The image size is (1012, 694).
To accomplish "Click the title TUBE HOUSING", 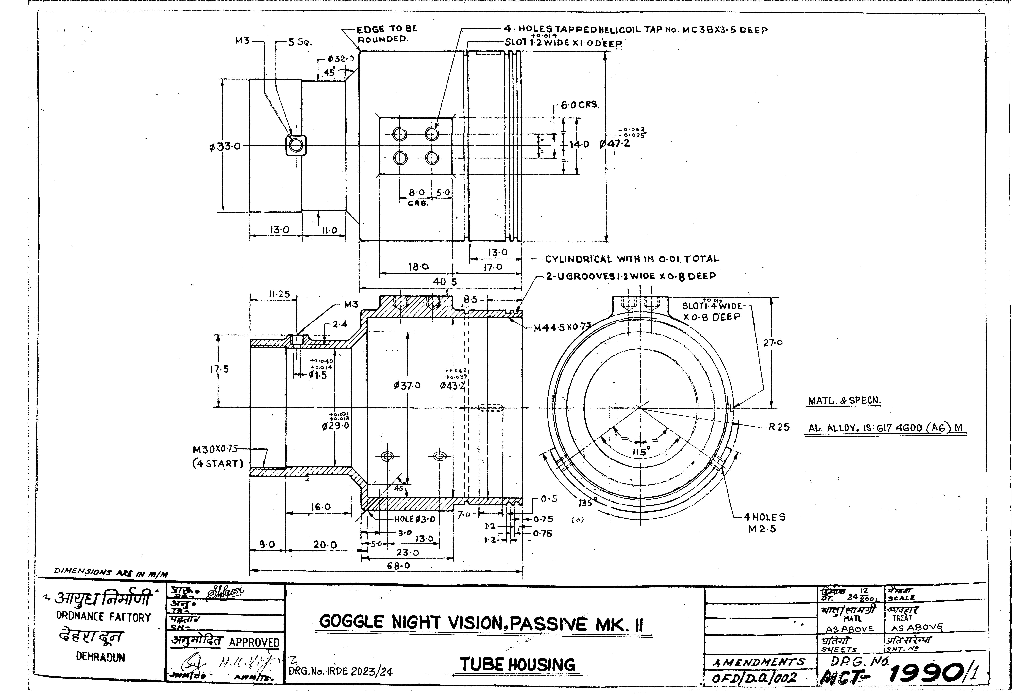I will (517, 665).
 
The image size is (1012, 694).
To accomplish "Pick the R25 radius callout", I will (779, 427).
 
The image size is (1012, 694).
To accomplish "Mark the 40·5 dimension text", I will (445, 282).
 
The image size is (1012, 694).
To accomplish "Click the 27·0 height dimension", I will (773, 343).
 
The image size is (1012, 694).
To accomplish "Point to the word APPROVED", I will (254, 643).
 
